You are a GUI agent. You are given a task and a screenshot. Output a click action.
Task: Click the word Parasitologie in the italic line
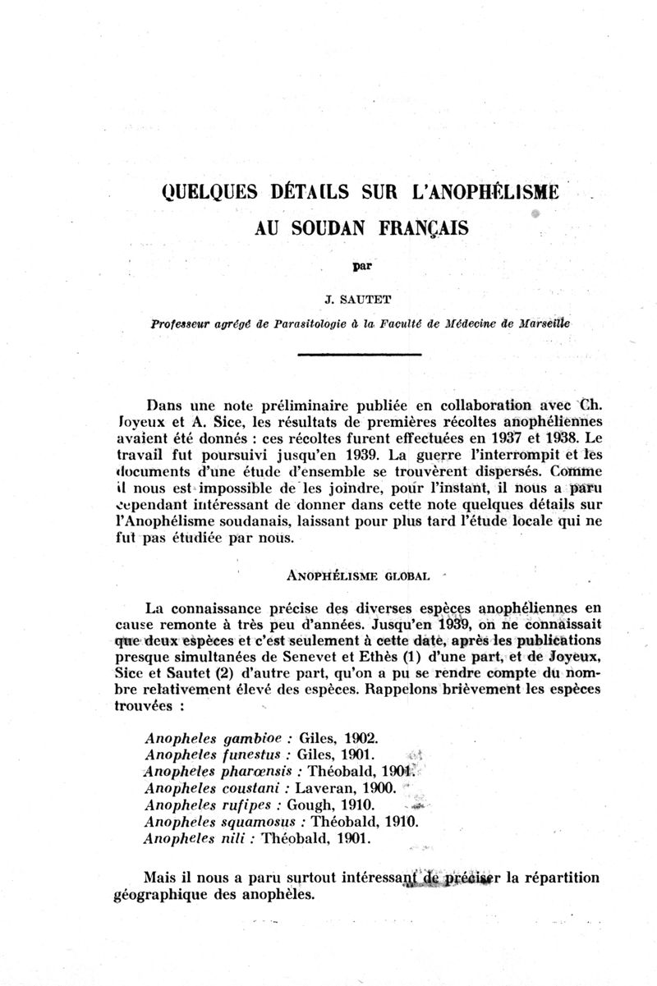coord(301,323)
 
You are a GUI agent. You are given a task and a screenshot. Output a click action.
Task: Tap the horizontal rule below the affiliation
coord(359,354)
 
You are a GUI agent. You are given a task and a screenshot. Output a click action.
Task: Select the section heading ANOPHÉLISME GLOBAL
coord(359,576)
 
